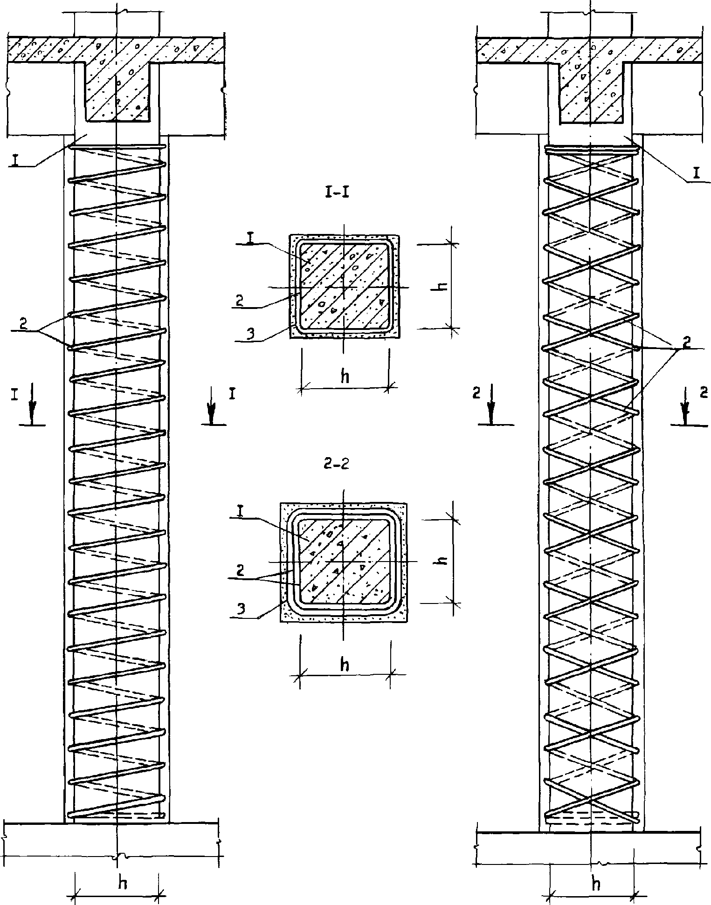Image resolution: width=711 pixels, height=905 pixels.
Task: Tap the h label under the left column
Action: click(123, 883)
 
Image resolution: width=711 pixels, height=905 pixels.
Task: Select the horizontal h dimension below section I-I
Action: click(345, 377)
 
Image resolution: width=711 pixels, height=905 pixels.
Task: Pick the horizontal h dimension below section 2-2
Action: click(345, 665)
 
